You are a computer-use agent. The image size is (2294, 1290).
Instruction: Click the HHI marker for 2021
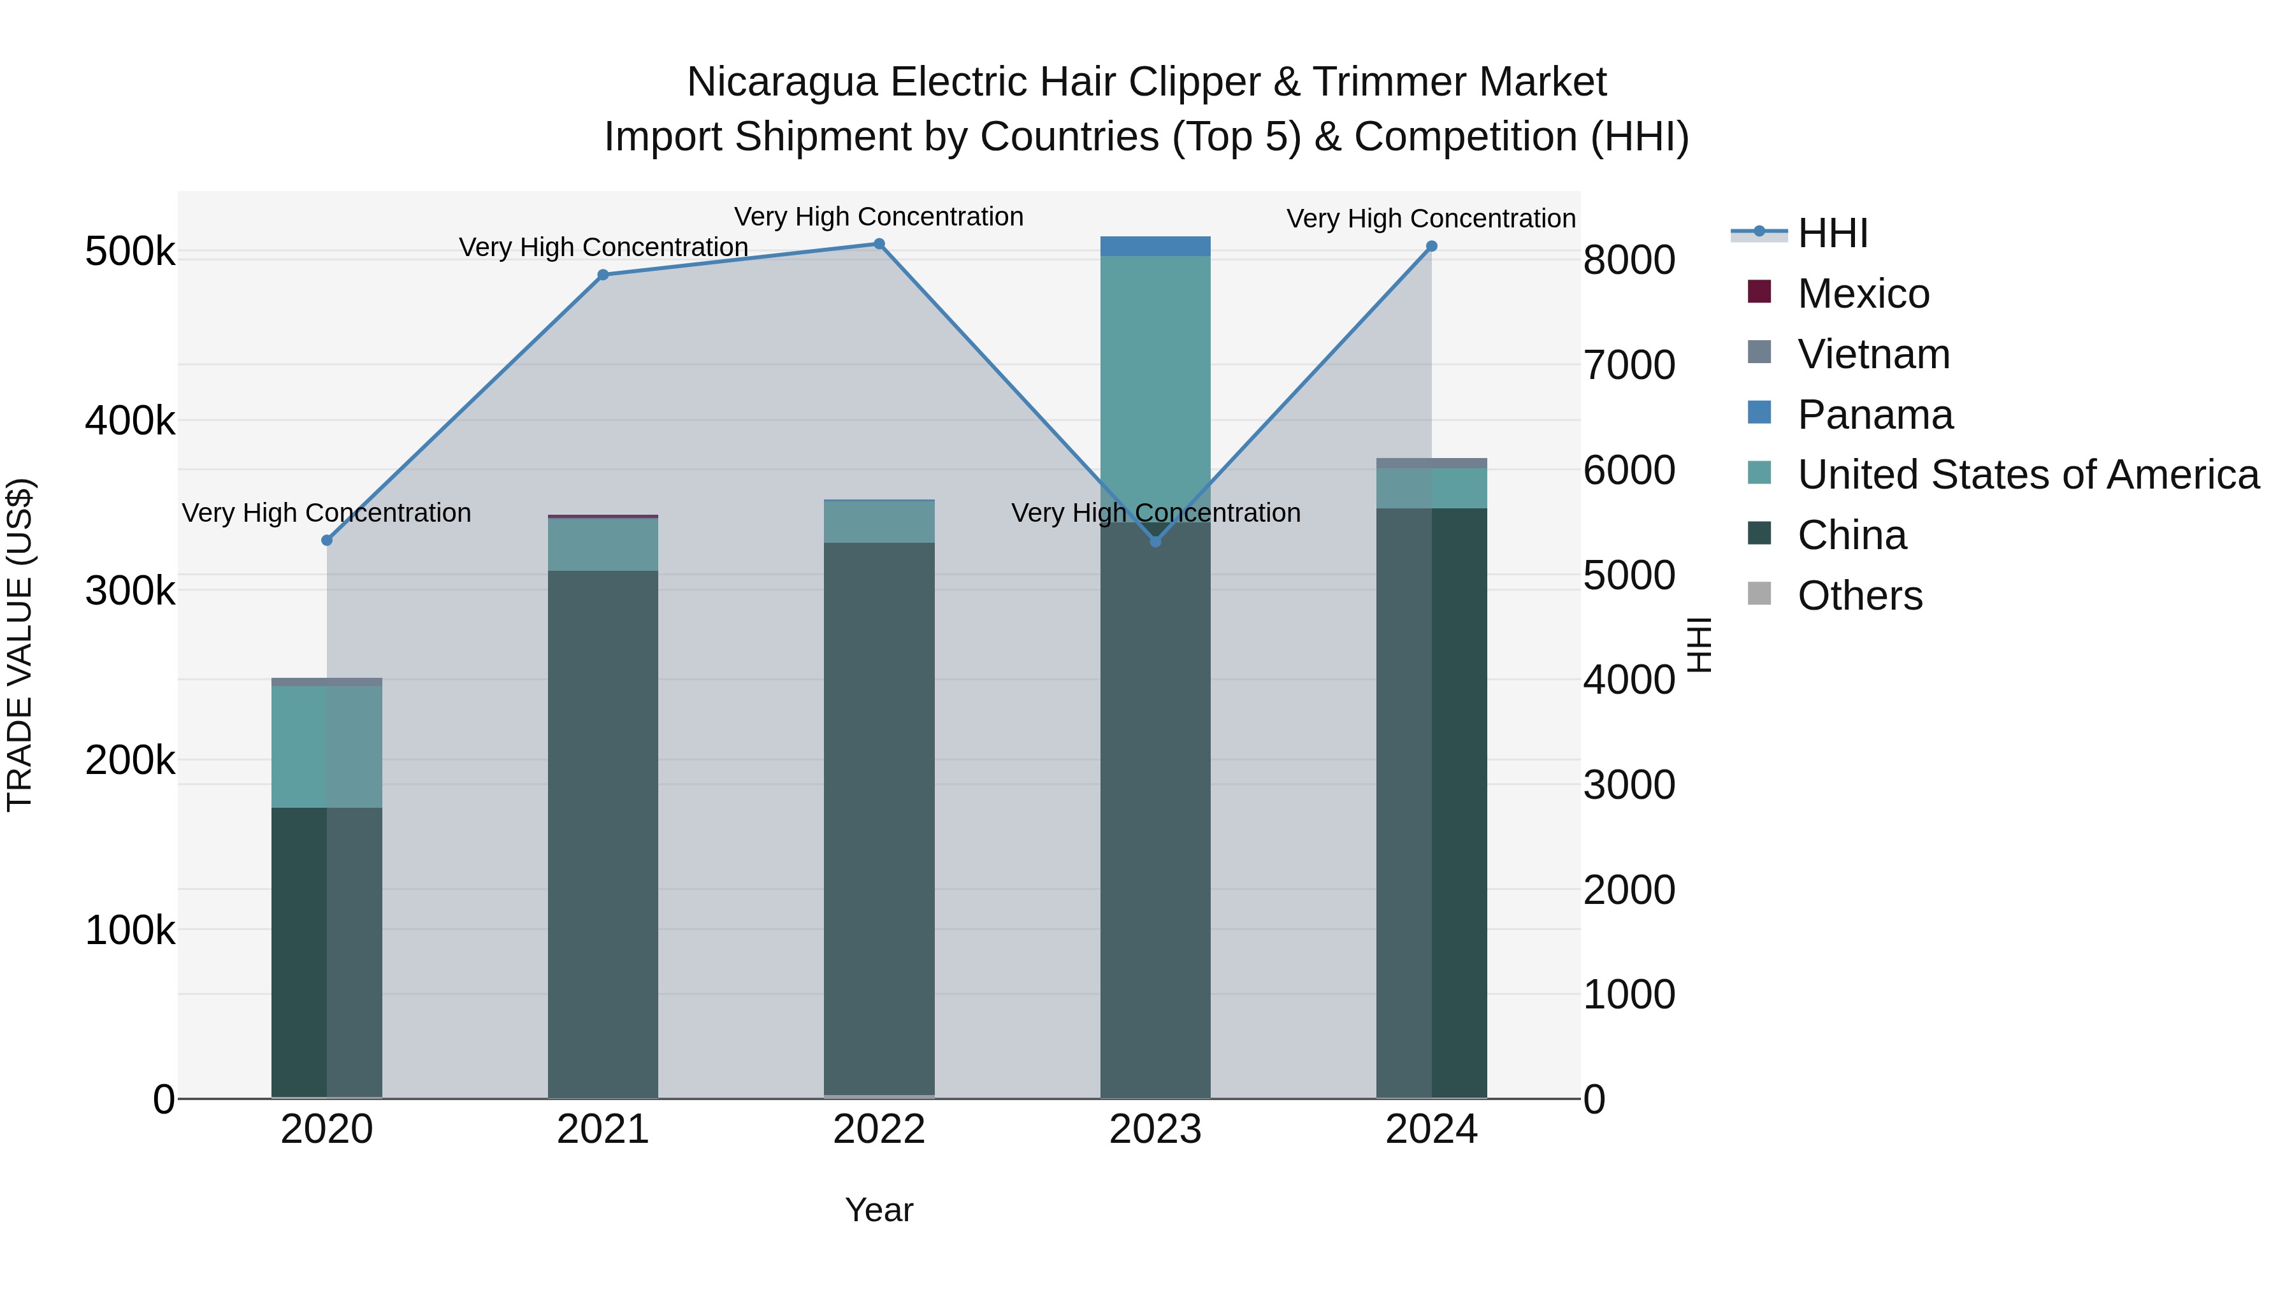point(603,275)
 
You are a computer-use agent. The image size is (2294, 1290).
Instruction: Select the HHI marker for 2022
point(879,244)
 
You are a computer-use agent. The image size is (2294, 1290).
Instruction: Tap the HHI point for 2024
point(1431,247)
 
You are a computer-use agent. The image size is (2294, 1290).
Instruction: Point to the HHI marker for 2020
point(327,540)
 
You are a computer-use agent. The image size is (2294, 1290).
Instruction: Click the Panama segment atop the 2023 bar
point(1155,247)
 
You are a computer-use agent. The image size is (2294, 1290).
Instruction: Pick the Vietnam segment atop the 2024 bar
point(1431,463)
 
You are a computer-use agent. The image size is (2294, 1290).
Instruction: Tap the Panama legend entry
point(1875,415)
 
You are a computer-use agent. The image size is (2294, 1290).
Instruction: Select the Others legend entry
point(1859,596)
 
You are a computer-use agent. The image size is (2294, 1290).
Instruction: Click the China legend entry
point(1851,535)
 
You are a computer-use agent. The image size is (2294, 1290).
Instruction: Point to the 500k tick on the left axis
point(130,251)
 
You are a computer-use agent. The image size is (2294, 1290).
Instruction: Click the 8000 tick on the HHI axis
point(1629,260)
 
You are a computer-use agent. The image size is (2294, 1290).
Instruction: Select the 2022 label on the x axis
point(879,1129)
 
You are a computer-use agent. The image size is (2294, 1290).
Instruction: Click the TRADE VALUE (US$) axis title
point(20,645)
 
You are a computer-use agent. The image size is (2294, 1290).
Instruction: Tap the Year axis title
point(879,1210)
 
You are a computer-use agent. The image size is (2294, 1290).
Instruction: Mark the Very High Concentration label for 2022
point(879,217)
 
